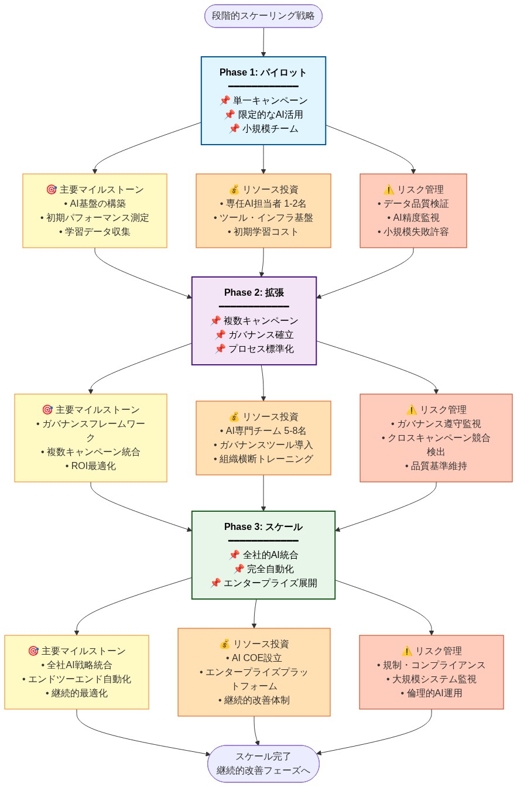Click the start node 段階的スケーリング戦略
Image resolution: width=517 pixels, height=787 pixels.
pos(263,16)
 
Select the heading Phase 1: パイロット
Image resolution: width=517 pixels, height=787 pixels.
pos(263,73)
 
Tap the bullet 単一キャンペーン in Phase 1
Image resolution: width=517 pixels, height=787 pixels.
pos(270,101)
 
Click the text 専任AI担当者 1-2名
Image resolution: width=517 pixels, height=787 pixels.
pos(266,204)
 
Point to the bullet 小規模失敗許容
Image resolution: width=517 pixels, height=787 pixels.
pos(416,232)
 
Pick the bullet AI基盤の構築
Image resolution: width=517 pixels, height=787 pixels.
pos(97,204)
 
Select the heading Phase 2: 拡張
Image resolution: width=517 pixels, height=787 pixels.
pos(254,293)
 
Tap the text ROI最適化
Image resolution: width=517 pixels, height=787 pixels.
pos(93,466)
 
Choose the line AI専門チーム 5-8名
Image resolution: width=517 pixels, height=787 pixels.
pos(266,431)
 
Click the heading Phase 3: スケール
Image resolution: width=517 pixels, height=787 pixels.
pos(263,527)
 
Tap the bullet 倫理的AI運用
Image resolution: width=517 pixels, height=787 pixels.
pos(434,693)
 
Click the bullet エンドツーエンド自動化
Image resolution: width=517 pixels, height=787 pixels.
pos(79,679)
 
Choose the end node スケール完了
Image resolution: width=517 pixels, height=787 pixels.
pos(263,757)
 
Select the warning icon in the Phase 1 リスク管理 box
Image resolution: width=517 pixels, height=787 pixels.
pos(388,190)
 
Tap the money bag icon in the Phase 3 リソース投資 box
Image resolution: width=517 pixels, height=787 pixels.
pos(224,644)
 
